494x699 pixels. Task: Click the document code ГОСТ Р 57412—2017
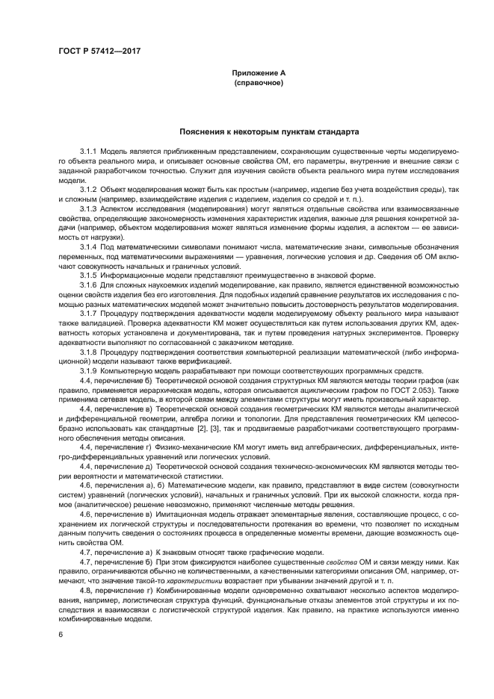coord(99,51)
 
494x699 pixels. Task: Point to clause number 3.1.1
coord(88,151)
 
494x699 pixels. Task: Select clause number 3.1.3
coord(88,208)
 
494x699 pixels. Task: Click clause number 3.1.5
coord(88,275)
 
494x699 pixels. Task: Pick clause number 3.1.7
coord(88,313)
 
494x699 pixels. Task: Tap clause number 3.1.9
coord(88,370)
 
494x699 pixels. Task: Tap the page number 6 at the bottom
coord(60,635)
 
